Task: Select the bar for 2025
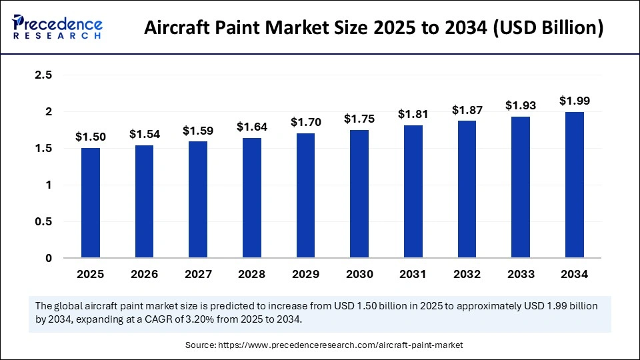(90, 203)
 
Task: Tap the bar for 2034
(574, 185)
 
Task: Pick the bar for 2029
(305, 195)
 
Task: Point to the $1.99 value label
(574, 101)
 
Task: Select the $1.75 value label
(359, 119)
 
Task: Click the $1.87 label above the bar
(467, 109)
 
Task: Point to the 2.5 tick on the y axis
(44, 75)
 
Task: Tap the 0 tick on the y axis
(49, 258)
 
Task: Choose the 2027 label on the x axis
(198, 274)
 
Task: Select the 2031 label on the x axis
(413, 274)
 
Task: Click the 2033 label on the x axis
(520, 274)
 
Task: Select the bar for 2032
(467, 189)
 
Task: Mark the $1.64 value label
(251, 127)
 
